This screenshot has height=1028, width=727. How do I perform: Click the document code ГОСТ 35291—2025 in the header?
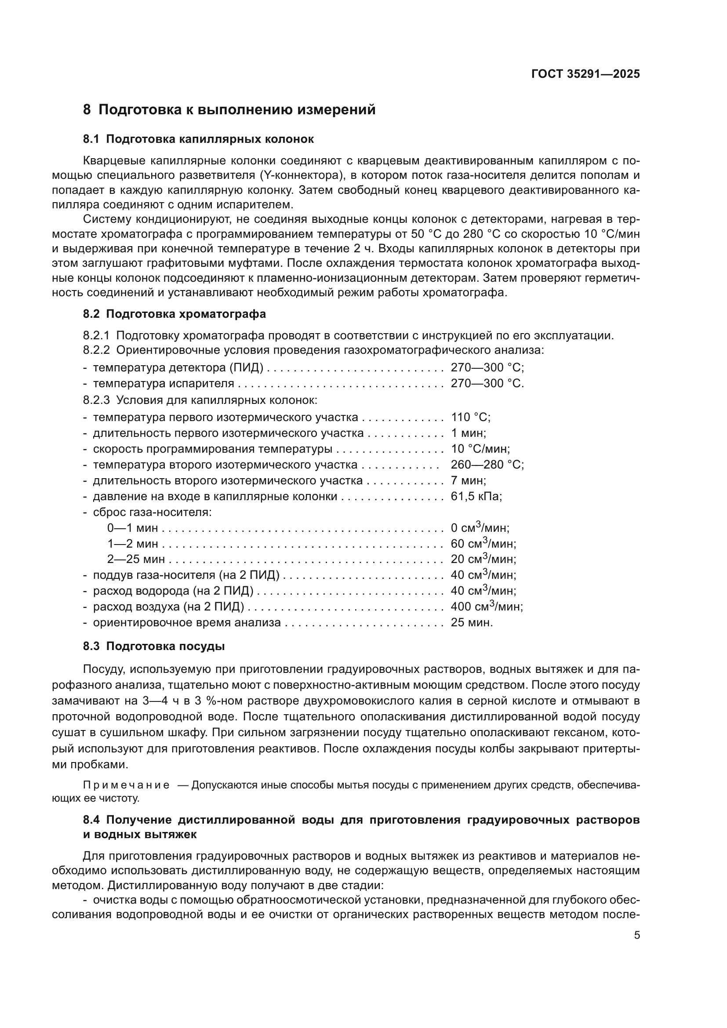tap(585, 74)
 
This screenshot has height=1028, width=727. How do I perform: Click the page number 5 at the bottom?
tap(636, 935)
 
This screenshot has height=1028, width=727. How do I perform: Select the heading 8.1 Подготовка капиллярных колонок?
tap(198, 139)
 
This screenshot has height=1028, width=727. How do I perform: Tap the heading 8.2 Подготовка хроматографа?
tap(174, 314)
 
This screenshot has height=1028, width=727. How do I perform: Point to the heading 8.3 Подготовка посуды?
tap(153, 647)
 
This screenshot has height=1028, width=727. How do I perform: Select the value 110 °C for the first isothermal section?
tap(470, 417)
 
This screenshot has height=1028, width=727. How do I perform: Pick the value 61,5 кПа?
tap(476, 497)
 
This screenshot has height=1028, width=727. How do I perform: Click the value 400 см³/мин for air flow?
tap(487, 607)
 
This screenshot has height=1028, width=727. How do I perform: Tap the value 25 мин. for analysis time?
tap(471, 623)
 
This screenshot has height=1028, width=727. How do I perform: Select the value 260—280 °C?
tap(487, 465)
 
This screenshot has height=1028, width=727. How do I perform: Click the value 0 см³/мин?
tap(480, 528)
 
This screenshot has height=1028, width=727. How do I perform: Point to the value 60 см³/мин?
tap(483, 544)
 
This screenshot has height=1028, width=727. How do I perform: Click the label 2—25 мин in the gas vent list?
tap(136, 559)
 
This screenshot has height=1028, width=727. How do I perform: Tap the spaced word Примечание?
tap(126, 785)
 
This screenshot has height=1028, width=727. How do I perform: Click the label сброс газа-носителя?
tap(152, 512)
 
